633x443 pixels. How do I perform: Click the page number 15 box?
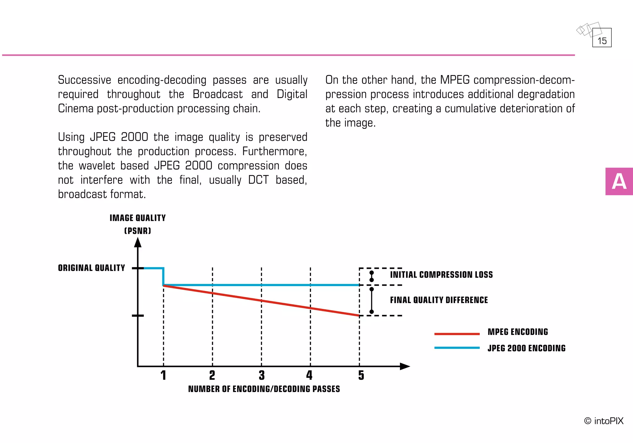tap(602, 38)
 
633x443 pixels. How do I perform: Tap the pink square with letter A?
tap(619, 181)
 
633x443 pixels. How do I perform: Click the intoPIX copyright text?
tap(604, 421)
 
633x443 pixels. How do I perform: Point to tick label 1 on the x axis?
tap(163, 375)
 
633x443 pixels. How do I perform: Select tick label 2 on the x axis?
tap(212, 375)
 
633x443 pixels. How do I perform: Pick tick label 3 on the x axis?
tap(261, 375)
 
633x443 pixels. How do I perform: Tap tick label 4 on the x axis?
tap(309, 375)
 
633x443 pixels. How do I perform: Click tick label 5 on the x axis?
tap(361, 375)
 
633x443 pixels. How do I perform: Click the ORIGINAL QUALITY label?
tap(91, 268)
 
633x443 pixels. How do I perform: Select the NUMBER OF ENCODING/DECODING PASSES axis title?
tap(264, 389)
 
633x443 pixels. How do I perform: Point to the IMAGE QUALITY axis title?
tap(138, 218)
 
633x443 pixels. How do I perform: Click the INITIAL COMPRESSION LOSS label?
tap(441, 275)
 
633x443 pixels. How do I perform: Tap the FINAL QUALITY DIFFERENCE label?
tap(439, 300)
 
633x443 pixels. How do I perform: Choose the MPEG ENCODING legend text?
tap(518, 332)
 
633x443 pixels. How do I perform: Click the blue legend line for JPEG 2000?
tap(457, 348)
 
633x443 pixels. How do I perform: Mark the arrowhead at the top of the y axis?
tap(138, 243)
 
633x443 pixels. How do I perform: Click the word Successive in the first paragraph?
tap(84, 80)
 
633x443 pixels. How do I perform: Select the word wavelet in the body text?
tap(97, 166)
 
